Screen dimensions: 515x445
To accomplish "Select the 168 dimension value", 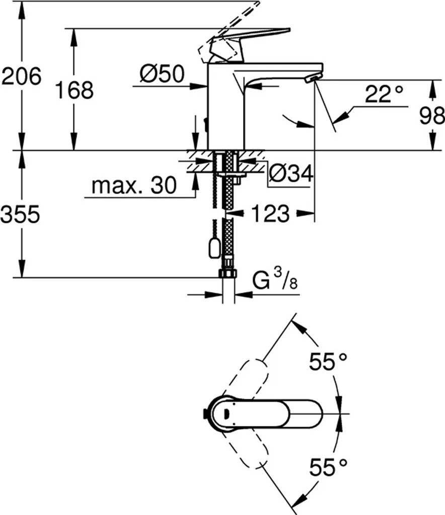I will point(73,90).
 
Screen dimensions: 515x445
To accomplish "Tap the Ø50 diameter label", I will point(162,75).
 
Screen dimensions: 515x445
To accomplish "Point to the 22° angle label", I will point(384,94).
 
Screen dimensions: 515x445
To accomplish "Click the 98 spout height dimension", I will point(431,117).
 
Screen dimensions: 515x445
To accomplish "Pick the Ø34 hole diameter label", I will point(291,174).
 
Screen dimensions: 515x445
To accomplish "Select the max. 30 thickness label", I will point(134,186).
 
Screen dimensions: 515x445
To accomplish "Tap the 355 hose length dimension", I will point(20,215).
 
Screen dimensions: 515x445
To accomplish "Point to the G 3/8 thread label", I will point(275,282).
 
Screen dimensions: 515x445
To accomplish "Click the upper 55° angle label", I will point(328,362).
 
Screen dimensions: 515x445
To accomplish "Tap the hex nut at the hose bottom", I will point(228,273).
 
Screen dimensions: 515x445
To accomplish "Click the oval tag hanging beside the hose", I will point(213,247).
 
